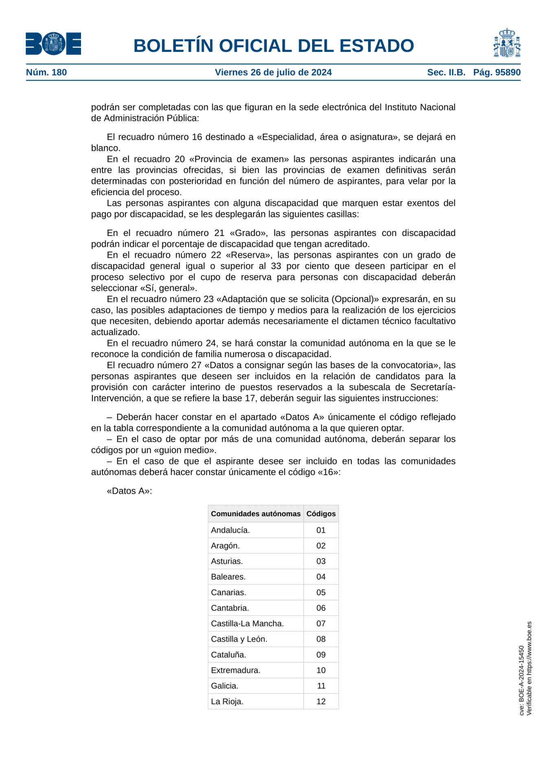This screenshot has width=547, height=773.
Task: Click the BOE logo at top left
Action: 53,44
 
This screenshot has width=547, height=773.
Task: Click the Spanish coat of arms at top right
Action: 507,43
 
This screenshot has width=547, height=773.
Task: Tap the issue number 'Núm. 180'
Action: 46,72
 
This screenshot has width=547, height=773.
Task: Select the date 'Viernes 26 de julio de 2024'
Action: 273,72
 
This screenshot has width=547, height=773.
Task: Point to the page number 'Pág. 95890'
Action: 497,72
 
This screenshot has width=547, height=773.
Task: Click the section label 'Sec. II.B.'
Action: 446,72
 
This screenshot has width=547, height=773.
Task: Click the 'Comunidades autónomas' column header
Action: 256,514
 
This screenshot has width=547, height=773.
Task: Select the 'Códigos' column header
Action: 321,514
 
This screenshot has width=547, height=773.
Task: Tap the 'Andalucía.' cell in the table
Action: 230,530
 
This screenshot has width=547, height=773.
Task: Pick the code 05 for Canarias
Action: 321,592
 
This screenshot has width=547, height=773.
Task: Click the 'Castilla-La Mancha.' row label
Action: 247,624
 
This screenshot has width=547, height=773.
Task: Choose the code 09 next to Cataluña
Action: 321,655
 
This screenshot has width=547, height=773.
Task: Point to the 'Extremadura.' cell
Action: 235,670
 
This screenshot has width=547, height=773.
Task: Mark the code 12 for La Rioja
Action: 321,702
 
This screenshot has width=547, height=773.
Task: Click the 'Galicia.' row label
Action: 225,686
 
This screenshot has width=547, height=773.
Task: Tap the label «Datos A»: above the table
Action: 129,491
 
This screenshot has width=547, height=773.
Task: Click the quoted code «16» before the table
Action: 328,472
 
